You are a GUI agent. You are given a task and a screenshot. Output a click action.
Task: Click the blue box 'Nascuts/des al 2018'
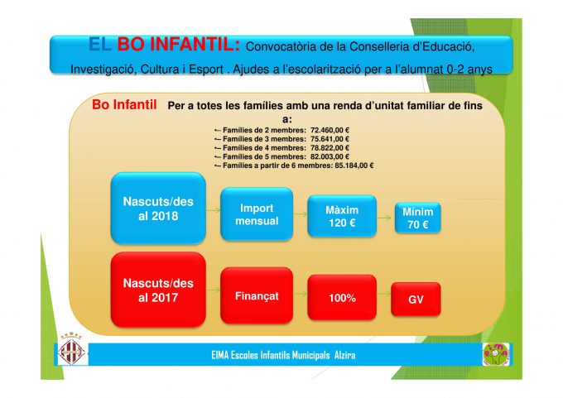158,209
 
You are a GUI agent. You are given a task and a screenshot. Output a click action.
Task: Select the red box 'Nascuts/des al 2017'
158,290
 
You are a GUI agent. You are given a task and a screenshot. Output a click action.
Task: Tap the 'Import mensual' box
257,214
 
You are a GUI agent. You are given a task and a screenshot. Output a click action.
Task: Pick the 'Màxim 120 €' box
342,216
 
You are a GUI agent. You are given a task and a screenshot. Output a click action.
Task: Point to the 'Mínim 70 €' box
417,218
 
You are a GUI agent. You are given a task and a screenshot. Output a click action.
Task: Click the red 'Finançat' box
257,295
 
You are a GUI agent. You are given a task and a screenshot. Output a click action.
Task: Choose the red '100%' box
342,297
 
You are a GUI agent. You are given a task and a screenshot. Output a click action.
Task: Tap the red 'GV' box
416,300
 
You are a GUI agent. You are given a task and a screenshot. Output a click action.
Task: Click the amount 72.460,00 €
330,130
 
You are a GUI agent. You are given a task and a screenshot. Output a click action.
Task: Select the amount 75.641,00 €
330,139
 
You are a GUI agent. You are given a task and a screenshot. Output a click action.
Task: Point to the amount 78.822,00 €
330,147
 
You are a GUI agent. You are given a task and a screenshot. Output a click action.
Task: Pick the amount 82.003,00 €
330,156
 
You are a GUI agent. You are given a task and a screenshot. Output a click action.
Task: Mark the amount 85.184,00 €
354,165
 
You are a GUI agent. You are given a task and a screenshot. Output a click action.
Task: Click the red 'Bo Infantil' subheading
124,104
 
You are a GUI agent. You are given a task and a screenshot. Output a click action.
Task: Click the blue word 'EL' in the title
100,45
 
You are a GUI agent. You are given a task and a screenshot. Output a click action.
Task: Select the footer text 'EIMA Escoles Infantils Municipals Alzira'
283,355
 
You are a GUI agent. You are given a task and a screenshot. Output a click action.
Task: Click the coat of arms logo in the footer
71,350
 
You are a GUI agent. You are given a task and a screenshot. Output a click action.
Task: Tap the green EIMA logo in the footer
496,354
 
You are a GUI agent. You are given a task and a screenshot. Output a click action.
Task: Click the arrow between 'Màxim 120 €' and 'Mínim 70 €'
384,217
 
